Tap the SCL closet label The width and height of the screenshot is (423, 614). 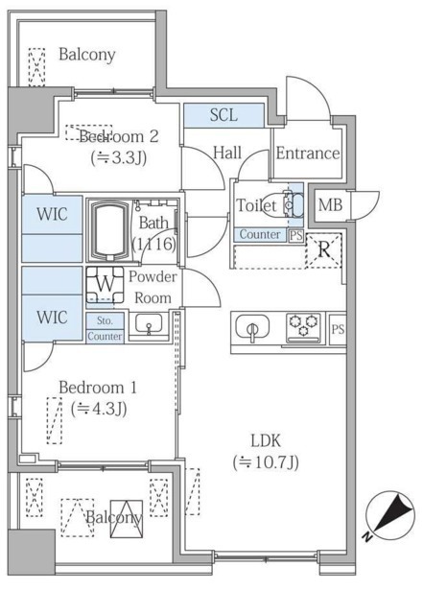(x=223, y=115)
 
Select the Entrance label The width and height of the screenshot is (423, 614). (x=307, y=153)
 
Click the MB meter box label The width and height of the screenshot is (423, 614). (x=330, y=204)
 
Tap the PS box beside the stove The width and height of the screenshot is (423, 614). (x=337, y=329)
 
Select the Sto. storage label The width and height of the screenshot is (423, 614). (x=104, y=321)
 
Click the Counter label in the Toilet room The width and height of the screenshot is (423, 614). (x=259, y=235)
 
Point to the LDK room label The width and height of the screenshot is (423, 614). (x=266, y=440)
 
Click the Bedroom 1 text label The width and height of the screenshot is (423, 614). (x=98, y=388)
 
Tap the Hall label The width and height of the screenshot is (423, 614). (x=227, y=152)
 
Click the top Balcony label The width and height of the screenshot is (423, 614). (x=86, y=55)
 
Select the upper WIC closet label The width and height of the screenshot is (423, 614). (x=52, y=214)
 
